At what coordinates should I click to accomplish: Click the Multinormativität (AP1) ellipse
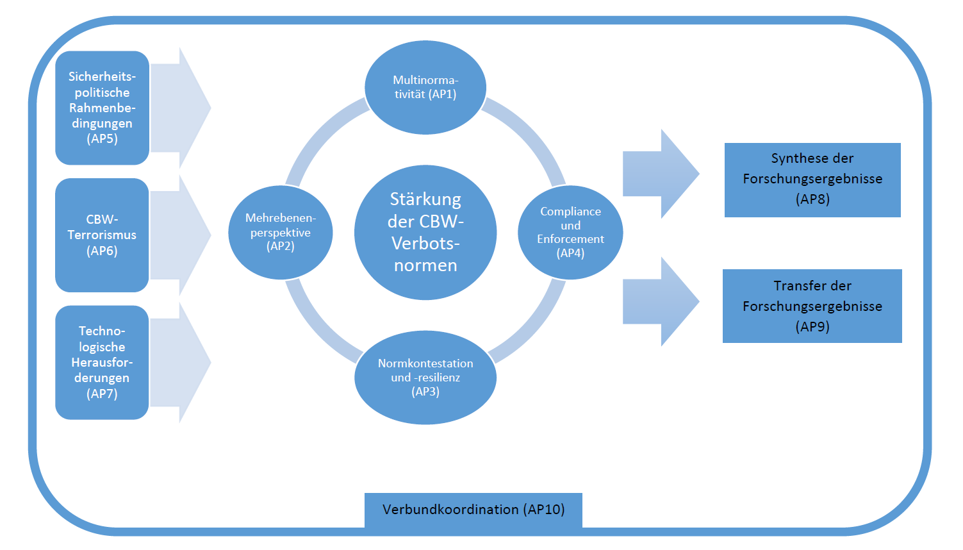425,88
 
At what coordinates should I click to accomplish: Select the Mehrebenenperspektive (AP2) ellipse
281,232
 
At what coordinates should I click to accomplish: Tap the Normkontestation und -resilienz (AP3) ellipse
425,378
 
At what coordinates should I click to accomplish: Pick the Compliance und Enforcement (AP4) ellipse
570,232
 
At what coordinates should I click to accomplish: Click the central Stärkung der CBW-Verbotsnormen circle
425,232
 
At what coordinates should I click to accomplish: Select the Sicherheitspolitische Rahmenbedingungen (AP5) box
103,108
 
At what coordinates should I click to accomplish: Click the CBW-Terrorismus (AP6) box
103,235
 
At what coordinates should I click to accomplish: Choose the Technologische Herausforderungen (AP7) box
103,362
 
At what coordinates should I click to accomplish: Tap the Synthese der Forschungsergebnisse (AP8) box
812,179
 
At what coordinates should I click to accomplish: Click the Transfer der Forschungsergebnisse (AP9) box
812,306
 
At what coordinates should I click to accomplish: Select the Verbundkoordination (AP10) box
473,510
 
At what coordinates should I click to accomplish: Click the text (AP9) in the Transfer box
812,327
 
